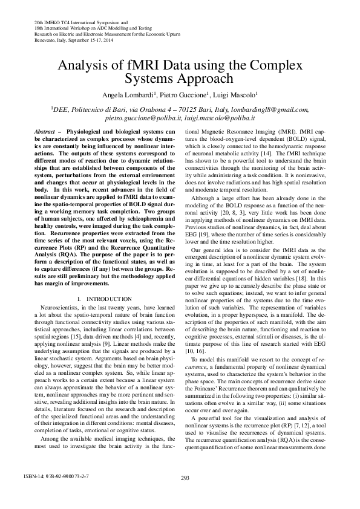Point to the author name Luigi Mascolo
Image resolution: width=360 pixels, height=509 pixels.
[237, 94]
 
